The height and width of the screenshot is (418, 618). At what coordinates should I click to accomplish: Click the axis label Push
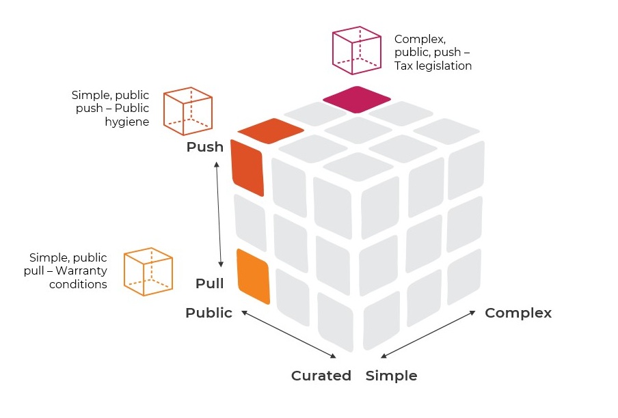tap(204, 147)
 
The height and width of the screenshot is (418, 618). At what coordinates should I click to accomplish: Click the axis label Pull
tap(209, 283)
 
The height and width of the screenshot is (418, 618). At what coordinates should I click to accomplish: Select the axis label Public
tap(209, 313)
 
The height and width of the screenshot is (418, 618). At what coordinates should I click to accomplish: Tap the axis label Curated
tap(321, 376)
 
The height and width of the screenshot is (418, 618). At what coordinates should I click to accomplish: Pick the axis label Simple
tap(391, 376)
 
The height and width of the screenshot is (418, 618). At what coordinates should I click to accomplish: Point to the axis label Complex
tap(518, 313)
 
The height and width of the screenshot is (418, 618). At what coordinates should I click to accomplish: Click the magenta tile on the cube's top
tap(356, 100)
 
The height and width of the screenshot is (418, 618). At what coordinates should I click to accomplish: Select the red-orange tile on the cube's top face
tap(271, 130)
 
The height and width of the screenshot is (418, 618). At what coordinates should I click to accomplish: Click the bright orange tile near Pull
tap(253, 276)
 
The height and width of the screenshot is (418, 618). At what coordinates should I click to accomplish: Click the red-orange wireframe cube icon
tap(188, 111)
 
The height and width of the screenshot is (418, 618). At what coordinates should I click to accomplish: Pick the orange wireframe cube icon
tap(148, 272)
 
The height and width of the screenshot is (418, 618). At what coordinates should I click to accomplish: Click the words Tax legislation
tap(433, 66)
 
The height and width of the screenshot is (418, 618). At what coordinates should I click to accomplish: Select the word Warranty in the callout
tap(85, 271)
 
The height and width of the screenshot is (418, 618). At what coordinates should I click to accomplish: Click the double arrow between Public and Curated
tap(289, 335)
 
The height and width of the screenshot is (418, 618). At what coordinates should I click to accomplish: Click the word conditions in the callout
tap(78, 284)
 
